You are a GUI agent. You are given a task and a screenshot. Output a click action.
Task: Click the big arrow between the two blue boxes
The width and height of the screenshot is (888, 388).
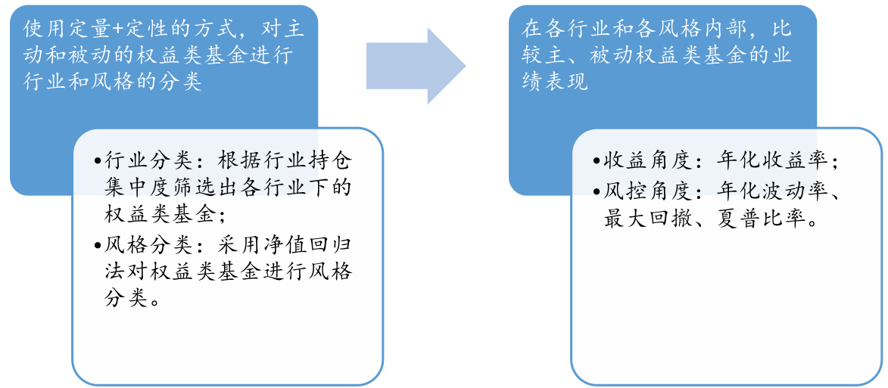coord(415,66)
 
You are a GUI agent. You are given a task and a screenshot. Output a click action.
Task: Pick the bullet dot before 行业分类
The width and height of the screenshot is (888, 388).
coord(98,161)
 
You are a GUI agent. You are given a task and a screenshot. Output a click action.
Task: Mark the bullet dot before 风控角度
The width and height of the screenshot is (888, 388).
coord(598,190)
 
